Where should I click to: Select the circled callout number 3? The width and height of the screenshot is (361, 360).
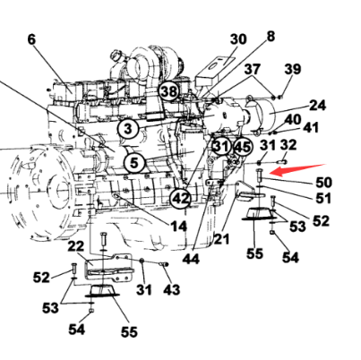pyautogui.click(x=130, y=129)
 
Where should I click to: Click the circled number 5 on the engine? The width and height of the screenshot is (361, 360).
pyautogui.click(x=134, y=163)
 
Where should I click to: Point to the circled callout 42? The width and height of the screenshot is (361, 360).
pyautogui.click(x=181, y=198)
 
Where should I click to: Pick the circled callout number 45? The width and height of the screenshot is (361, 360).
pyautogui.click(x=243, y=146)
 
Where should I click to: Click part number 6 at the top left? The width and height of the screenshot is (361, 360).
pyautogui.click(x=32, y=39)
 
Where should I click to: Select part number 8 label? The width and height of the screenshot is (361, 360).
pyautogui.click(x=270, y=36)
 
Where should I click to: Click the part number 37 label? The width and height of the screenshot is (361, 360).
pyautogui.click(x=254, y=70)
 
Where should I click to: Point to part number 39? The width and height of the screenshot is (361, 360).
pyautogui.click(x=293, y=70)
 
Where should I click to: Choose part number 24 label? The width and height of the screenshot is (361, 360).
pyautogui.click(x=317, y=105)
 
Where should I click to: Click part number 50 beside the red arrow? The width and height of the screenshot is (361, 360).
pyautogui.click(x=323, y=183)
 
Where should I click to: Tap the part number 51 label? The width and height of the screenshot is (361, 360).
pyautogui.click(x=323, y=199)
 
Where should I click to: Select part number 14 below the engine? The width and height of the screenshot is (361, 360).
pyautogui.click(x=179, y=227)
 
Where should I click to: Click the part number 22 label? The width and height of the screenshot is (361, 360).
pyautogui.click(x=77, y=246)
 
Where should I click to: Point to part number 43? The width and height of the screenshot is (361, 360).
pyautogui.click(x=172, y=290)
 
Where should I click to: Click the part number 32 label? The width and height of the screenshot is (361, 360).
pyautogui.click(x=288, y=144)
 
